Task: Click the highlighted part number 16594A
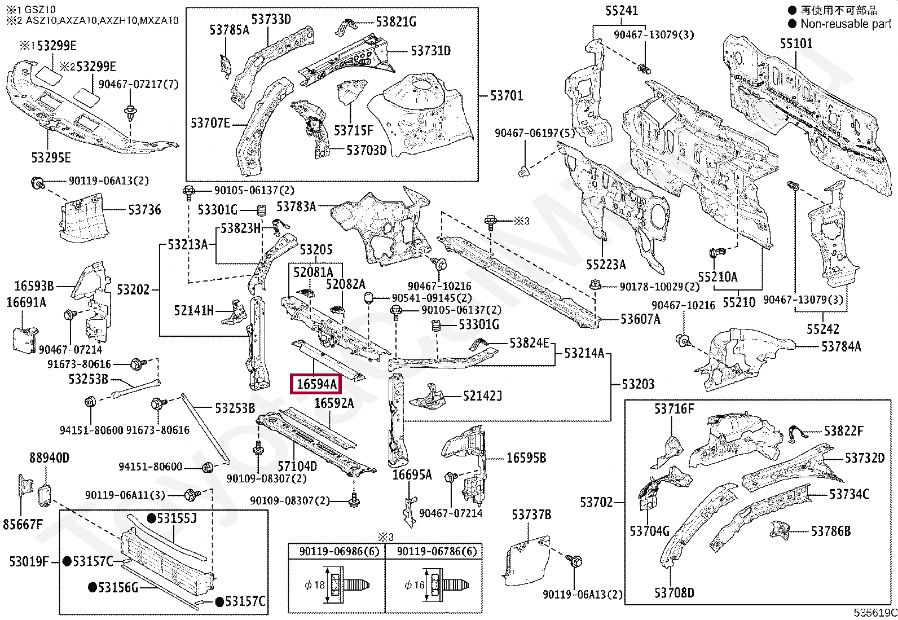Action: (316, 384)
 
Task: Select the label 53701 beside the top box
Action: (507, 95)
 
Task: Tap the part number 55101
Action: (796, 43)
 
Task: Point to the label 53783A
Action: (296, 206)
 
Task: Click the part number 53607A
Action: (640, 319)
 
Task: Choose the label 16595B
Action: (526, 458)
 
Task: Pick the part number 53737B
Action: (531, 514)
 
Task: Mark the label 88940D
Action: (49, 458)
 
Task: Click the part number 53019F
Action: (29, 561)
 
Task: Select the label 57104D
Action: (297, 466)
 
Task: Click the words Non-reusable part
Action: (846, 24)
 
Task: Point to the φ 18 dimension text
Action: (315, 585)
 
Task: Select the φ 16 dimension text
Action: (415, 585)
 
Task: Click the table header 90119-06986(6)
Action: (339, 551)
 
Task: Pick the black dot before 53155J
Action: (152, 518)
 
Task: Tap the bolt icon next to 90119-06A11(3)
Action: (192, 495)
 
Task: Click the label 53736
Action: (144, 210)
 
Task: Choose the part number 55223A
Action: (606, 265)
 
